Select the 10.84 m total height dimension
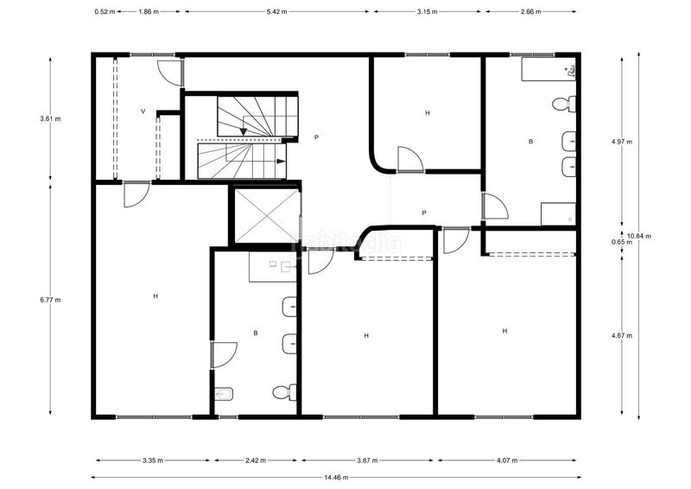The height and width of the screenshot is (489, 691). click(639, 236)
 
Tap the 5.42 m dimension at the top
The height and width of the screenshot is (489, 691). click(276, 12)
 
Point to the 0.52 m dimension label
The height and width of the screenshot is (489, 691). click(105, 12)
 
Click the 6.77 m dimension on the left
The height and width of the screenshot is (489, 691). click(51, 300)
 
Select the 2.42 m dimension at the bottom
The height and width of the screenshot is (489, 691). click(256, 460)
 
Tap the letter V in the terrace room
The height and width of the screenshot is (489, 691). click(143, 112)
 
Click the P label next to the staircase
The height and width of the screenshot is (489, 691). click(316, 137)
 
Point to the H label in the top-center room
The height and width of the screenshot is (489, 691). click(427, 113)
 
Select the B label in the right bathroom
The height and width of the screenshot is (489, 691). click(530, 141)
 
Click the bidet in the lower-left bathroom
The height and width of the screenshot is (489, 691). click(223, 394)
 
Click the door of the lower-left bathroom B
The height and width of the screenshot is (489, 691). click(224, 354)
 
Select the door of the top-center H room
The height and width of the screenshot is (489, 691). click(409, 159)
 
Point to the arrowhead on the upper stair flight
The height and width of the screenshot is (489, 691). click(244, 130)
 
